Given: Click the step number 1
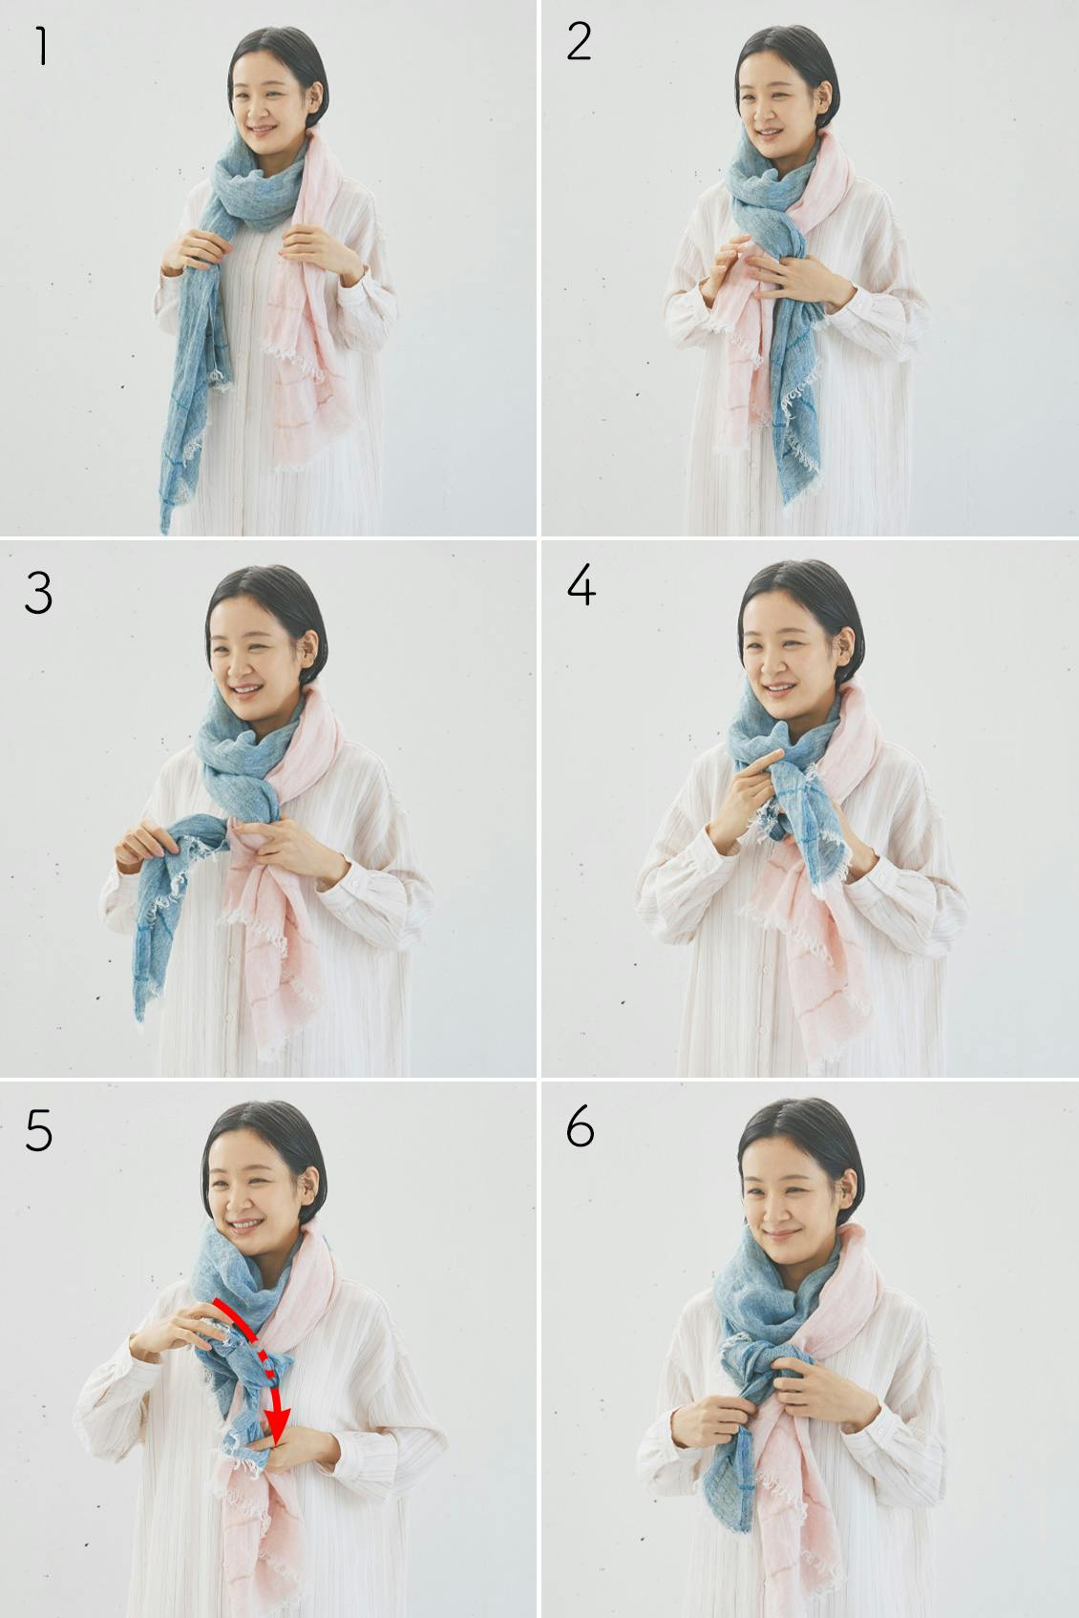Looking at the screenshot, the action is [42, 46].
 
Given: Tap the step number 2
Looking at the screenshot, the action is [579, 41].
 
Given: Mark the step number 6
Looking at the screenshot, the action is [581, 1126].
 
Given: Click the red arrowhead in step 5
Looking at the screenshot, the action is [277, 1420].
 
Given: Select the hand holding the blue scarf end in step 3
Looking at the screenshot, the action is [147, 845].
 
